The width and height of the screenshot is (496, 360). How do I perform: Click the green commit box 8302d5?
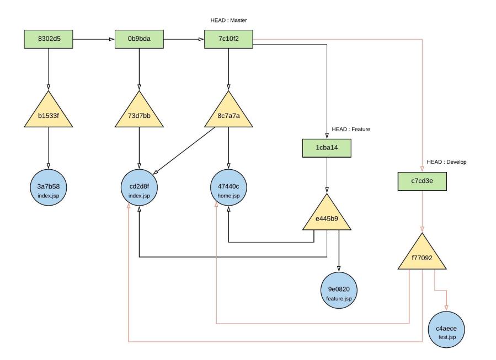coord(49,40)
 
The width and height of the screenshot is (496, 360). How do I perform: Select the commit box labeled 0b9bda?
coord(139,40)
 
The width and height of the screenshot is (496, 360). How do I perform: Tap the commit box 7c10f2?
coord(228,40)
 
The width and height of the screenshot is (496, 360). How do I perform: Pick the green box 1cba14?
coord(327,147)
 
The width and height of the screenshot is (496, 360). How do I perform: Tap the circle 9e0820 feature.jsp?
coord(338,293)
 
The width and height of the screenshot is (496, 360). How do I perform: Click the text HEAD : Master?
coord(228,21)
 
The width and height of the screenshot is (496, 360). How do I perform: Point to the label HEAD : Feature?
coord(350,129)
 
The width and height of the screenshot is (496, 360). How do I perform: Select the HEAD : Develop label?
coord(446,163)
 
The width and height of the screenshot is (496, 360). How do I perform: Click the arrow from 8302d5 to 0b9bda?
coord(94,40)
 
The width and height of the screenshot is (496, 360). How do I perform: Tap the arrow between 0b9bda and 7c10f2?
coord(184,40)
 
